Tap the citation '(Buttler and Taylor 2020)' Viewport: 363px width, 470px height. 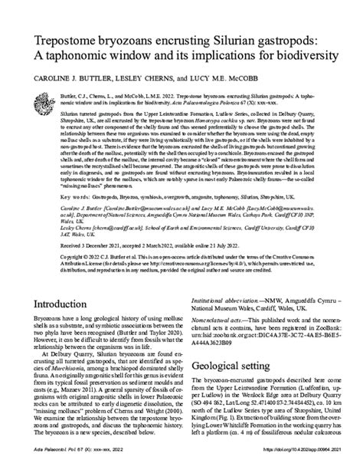[x=137, y=334]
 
